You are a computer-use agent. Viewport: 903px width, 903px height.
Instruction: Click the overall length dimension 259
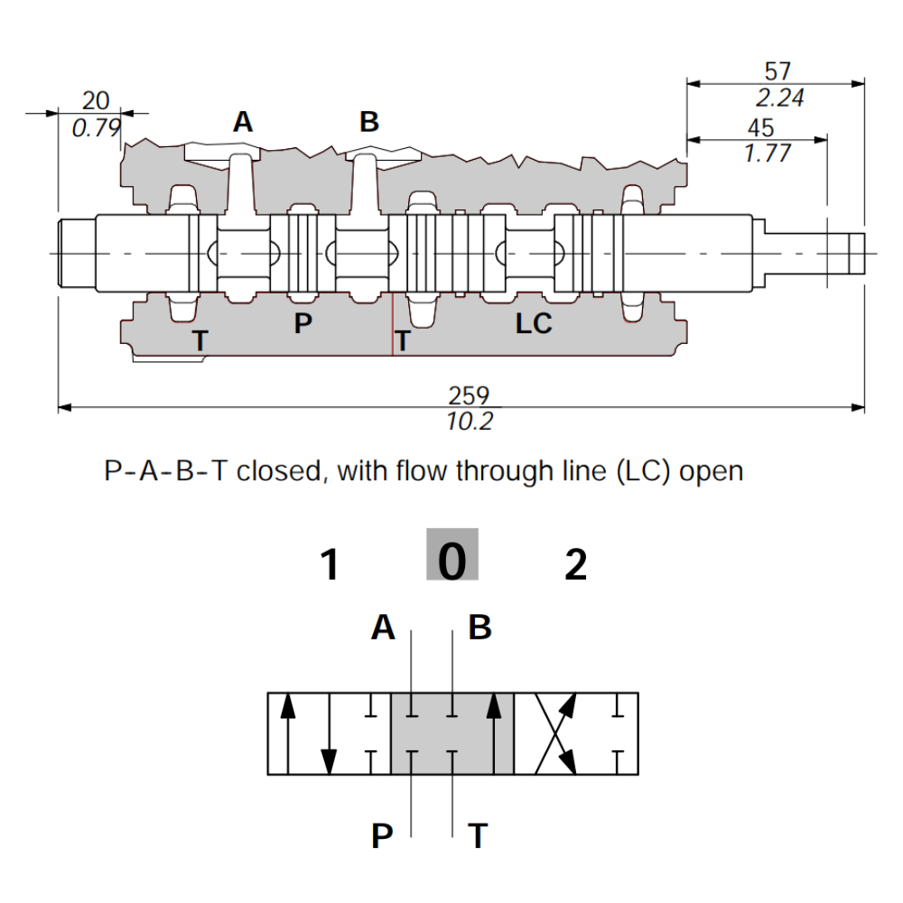click(469, 396)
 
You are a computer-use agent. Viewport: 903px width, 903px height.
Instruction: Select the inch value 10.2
click(470, 421)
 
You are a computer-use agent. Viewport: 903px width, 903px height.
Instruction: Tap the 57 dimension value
click(777, 71)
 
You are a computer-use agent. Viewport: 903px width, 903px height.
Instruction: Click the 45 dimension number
click(761, 128)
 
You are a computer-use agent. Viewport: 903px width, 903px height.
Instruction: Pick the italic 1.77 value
click(767, 154)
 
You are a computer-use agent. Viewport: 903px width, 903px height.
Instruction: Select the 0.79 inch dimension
click(96, 128)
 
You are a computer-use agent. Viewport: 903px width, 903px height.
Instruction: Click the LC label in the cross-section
click(534, 324)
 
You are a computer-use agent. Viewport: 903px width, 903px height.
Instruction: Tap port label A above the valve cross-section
click(243, 122)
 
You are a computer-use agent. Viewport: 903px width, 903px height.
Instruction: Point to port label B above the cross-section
click(369, 122)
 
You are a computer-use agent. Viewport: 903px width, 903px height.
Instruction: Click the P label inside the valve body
click(303, 323)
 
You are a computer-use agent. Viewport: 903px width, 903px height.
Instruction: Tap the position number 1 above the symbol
click(330, 566)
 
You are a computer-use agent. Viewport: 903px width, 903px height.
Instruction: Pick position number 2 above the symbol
click(575, 566)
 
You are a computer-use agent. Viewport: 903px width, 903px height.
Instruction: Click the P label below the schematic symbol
click(383, 837)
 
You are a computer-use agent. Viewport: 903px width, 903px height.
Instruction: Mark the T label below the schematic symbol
click(479, 837)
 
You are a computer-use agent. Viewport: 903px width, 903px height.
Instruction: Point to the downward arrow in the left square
click(330, 749)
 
